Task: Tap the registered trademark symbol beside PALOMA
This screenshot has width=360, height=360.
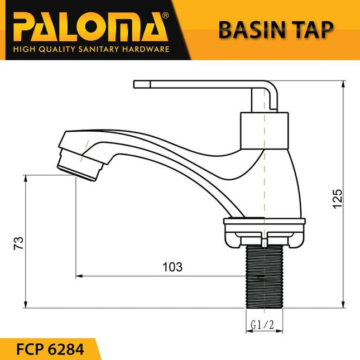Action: (164, 16)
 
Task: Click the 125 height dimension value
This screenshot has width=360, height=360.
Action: (337, 199)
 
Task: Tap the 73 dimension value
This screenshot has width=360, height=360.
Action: (18, 243)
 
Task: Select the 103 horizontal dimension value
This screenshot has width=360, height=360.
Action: (173, 267)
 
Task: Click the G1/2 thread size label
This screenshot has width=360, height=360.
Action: (262, 324)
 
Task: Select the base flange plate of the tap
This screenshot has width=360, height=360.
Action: (264, 223)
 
